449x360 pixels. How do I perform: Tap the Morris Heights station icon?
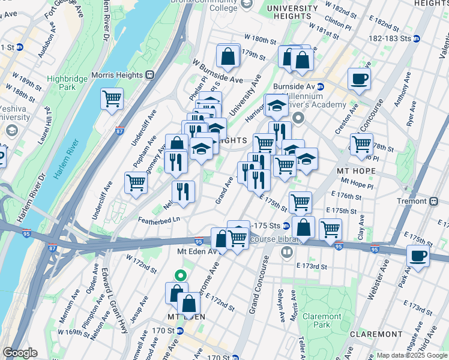pyautogui.click(x=150, y=75)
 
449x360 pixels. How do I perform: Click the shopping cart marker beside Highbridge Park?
pyautogui.click(x=112, y=99)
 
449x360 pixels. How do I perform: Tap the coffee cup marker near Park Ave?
pyautogui.click(x=418, y=256)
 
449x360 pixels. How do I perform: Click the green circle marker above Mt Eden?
pyautogui.click(x=179, y=275)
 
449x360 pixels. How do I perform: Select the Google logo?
pyautogui.click(x=20, y=353)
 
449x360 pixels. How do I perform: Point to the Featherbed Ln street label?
pyautogui.click(x=159, y=220)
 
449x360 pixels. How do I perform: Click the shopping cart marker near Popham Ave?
pyautogui.click(x=136, y=182)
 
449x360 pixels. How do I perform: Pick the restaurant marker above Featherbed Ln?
pyautogui.click(x=183, y=192)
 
